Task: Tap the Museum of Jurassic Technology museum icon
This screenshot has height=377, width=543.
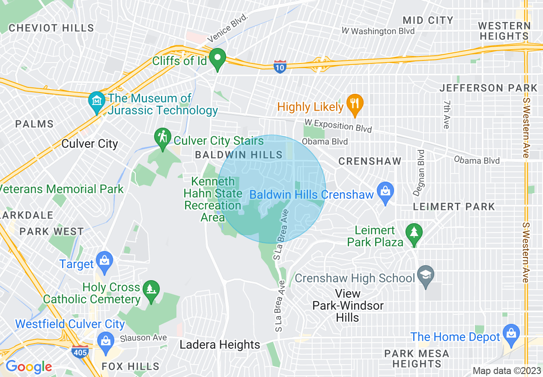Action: click(96, 101)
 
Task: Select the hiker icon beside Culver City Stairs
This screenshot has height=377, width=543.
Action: click(163, 138)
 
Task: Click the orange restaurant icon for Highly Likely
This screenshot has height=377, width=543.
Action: click(355, 104)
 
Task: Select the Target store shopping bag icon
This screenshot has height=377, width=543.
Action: click(104, 260)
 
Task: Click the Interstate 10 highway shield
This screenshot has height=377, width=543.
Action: click(280, 67)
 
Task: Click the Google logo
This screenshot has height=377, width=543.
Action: click(28, 367)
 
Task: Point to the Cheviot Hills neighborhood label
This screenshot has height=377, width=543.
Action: click(51, 28)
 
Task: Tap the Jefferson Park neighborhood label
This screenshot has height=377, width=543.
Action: click(488, 88)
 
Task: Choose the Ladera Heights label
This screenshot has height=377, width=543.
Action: click(220, 345)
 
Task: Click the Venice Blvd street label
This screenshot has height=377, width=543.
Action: click(228, 28)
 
